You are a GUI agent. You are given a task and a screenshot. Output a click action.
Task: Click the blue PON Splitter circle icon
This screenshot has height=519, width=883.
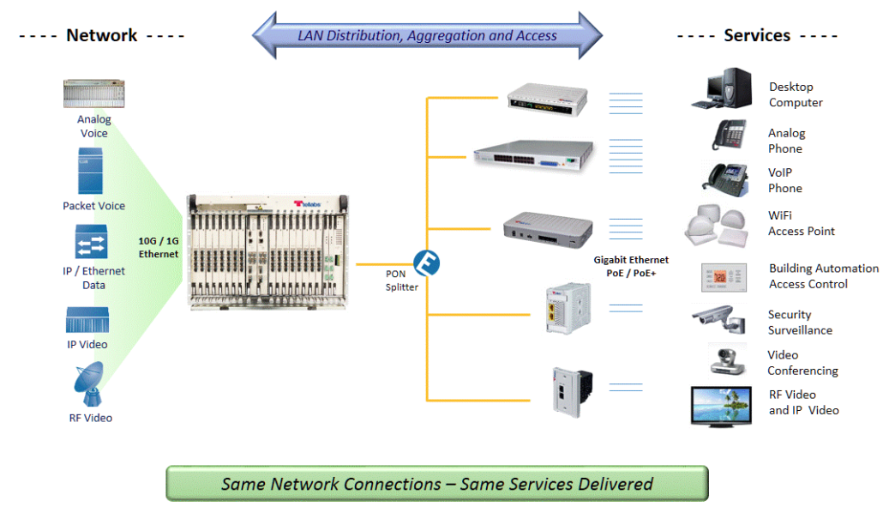(426, 263)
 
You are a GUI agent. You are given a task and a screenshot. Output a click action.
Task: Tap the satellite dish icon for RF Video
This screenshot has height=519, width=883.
(89, 384)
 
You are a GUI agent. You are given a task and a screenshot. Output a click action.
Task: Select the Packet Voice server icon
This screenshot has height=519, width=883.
(90, 171)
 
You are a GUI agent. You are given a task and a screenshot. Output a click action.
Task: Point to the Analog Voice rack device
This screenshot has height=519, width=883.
(93, 94)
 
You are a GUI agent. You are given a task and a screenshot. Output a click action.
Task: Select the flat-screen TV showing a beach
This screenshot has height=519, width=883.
(721, 406)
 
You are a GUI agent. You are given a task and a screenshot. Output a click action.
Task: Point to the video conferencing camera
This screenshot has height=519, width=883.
(727, 359)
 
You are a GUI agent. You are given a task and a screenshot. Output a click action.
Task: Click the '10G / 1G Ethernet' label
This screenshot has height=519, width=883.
(159, 247)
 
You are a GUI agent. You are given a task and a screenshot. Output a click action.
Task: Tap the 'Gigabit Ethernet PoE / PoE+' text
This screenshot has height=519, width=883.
(631, 266)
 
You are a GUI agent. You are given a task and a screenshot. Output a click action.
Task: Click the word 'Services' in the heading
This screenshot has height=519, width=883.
(757, 35)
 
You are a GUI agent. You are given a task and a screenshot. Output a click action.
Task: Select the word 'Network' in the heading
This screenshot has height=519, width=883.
(101, 35)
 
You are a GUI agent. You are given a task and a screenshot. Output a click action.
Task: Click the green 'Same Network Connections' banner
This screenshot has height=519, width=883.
(436, 484)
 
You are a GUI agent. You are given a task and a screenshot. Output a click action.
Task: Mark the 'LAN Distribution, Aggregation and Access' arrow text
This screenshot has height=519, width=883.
(427, 36)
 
